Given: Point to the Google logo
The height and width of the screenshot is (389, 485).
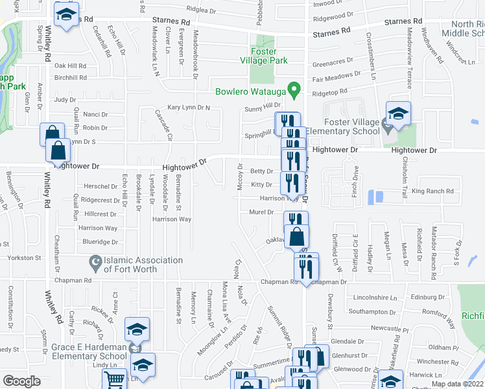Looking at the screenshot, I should (x=21, y=381).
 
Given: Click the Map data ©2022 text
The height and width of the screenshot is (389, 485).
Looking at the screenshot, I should (x=456, y=384).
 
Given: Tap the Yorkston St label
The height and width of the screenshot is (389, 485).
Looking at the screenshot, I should (x=25, y=257).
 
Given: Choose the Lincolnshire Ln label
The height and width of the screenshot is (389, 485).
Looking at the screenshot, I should (x=375, y=298).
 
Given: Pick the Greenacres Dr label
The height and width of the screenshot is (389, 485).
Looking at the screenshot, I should (x=333, y=64).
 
